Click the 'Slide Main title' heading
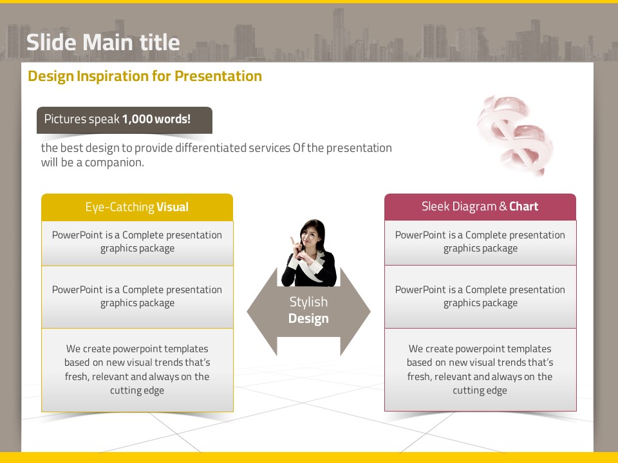[x=103, y=42]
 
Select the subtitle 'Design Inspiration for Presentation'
[x=145, y=76]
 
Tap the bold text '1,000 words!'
[x=156, y=119]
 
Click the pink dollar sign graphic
[x=515, y=135]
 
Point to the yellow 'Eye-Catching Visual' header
[x=137, y=207]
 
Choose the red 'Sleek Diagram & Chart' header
[x=480, y=206]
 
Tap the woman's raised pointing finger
[x=292, y=240]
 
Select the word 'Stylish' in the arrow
[x=308, y=302]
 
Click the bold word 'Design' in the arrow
[x=308, y=318]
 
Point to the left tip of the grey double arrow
[x=247, y=311]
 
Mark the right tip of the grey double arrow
[x=370, y=311]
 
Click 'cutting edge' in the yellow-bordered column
[x=137, y=390]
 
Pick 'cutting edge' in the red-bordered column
[x=480, y=390]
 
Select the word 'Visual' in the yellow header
[x=173, y=207]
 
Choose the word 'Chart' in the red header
[x=524, y=206]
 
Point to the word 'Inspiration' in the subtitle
[x=113, y=77]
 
